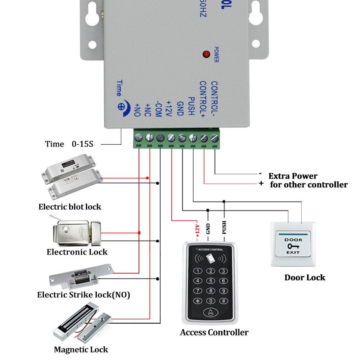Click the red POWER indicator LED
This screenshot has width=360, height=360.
(207, 54)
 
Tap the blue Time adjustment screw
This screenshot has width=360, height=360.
(123, 107)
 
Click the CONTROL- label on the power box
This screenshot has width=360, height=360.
(214, 96)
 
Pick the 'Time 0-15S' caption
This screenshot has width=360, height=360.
(69, 144)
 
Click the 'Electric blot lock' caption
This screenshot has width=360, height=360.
(70, 207)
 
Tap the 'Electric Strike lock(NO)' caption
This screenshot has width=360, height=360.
(84, 295)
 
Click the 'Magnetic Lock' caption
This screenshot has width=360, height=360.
(81, 349)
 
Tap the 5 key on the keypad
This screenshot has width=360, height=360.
(211, 281)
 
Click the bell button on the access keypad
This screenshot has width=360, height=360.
(211, 312)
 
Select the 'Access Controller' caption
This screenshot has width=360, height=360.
(214, 332)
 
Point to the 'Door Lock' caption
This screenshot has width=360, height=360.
(305, 278)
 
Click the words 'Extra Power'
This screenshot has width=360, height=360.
(293, 176)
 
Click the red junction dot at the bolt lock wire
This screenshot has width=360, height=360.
(148, 178)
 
